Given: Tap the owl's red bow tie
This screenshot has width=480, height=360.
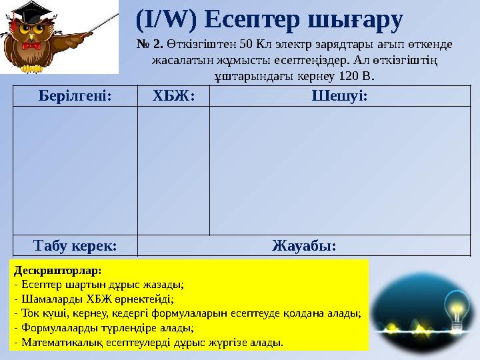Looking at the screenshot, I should pos(31,47).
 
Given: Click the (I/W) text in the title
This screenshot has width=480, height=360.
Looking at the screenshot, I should pos(165,21).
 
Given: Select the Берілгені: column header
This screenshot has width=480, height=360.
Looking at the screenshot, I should pos(75,96).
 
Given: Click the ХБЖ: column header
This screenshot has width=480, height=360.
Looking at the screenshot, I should pos(173,96).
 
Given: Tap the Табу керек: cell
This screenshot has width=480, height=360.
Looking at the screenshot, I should pos(75,245).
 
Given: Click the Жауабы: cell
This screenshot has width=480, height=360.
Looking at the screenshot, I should pos(304,245).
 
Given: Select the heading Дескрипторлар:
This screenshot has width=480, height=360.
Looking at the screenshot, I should pos(57,271).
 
